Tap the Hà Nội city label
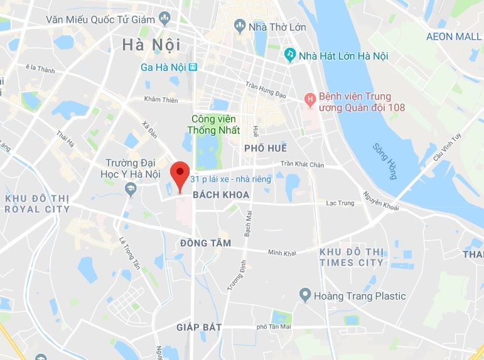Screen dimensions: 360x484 point(151,45)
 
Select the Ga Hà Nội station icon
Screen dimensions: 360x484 point(193,67)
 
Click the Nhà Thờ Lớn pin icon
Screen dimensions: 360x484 point(239,26)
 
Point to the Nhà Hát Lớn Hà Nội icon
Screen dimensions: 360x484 point(290,55)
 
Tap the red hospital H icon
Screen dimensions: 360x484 point(309,99)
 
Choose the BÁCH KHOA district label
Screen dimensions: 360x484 point(221,195)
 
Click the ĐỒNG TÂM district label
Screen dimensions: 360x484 point(205,243)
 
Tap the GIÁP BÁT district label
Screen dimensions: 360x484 point(199,327)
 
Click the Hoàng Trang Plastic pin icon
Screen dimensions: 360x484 point(305,294)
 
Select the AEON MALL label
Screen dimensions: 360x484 point(454,36)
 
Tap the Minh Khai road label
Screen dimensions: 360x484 point(281,253)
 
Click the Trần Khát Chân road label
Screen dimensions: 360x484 point(302,164)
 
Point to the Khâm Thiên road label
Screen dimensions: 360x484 point(161,99)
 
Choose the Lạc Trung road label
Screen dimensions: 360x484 point(340,203)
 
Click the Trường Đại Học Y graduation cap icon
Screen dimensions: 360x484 point(130,188)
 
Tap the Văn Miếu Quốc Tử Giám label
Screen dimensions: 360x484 point(100,19)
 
